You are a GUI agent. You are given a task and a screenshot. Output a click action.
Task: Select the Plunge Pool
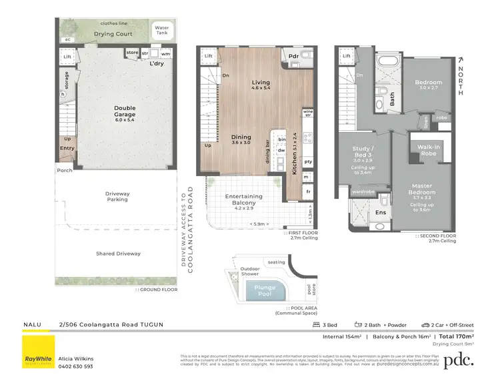pos(265,291)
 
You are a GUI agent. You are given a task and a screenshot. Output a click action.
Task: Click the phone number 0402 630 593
pos(79,366)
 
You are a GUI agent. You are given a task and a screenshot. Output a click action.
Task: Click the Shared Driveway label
pos(118,254)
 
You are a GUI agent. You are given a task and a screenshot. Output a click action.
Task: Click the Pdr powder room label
pos(293,56)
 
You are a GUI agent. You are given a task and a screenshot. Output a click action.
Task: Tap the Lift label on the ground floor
pos(67,58)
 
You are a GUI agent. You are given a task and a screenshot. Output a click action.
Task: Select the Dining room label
pos(241,137)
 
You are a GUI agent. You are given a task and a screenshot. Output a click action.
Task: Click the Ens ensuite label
pos(381,213)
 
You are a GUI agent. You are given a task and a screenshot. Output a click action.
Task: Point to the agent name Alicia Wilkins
pos(77,358)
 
